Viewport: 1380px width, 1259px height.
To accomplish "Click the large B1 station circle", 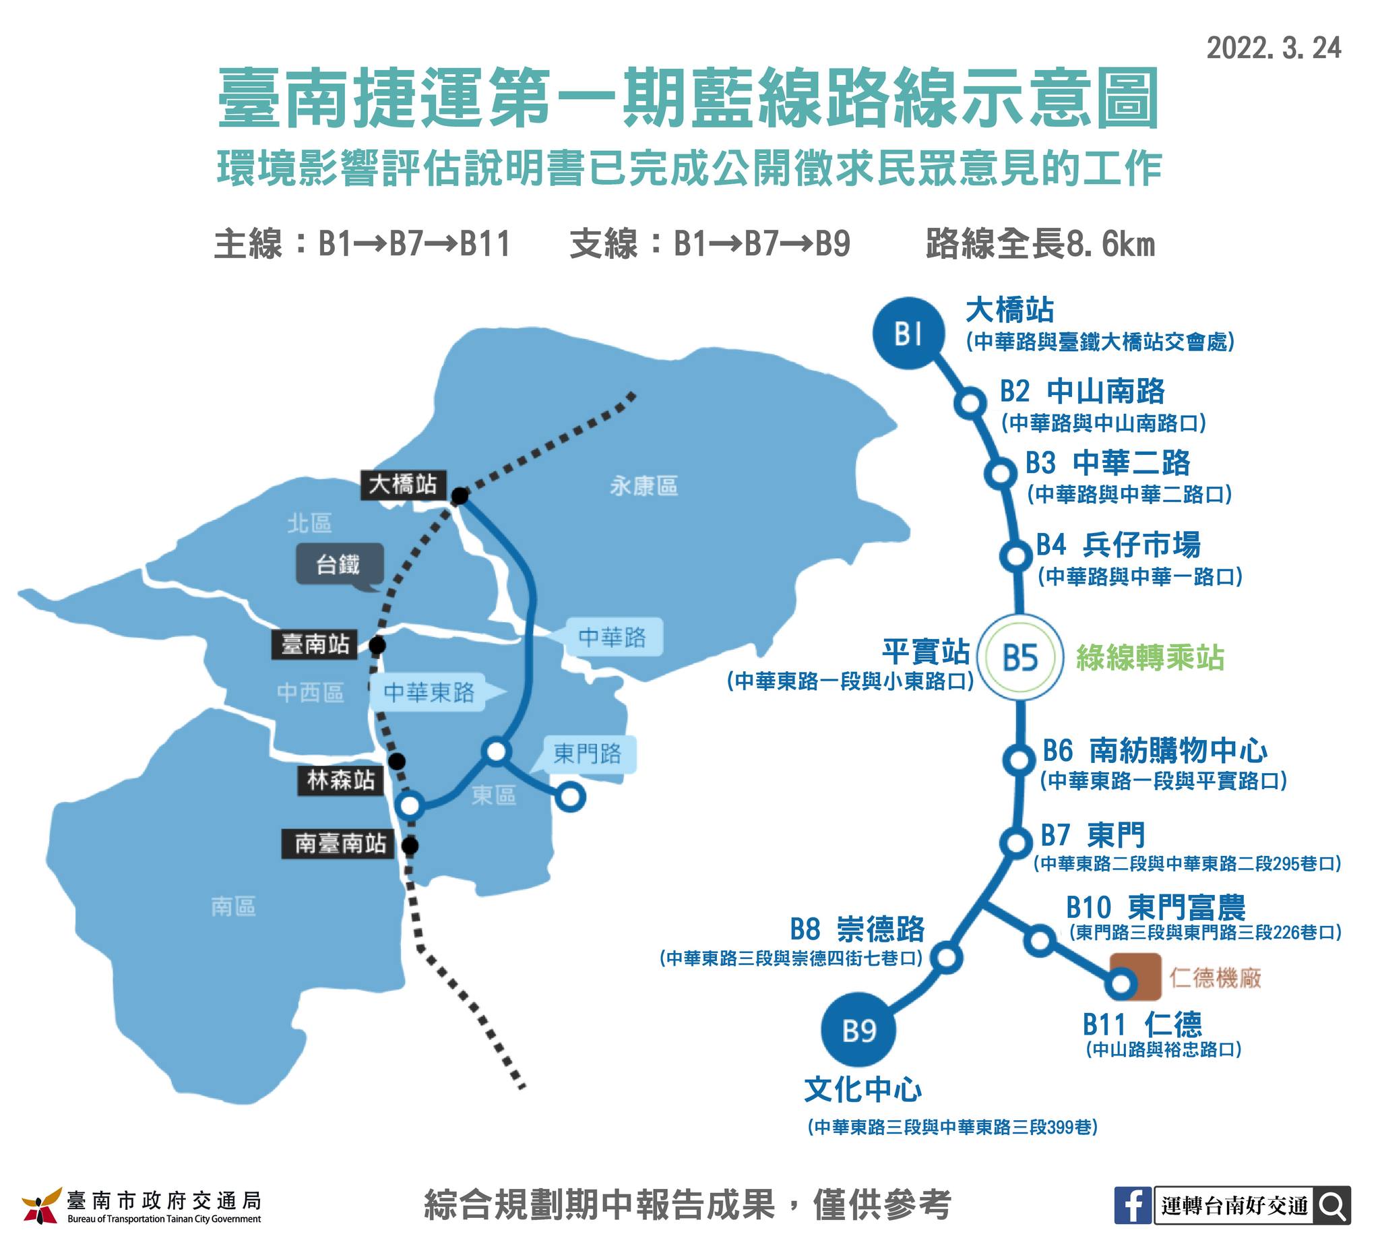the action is point(908,334).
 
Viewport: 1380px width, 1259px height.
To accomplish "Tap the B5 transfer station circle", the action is point(1020,657).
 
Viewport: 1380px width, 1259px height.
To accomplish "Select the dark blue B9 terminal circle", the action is point(858,1031).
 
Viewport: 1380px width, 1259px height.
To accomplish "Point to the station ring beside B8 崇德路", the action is point(946,957).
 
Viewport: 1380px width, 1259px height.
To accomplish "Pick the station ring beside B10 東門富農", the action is point(1040,941).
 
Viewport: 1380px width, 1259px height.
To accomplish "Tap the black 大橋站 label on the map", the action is point(403,485).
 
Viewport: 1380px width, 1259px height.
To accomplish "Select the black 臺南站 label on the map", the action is point(315,644).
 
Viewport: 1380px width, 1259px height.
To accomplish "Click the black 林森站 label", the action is point(340,780).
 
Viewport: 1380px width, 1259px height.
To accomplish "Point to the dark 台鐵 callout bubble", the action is point(340,565).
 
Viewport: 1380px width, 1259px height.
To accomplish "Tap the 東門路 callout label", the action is point(587,754).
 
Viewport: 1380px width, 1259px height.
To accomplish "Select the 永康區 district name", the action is point(644,486).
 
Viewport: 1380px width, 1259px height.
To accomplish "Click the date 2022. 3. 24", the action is point(1274,48).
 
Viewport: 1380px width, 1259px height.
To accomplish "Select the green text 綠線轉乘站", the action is point(1150,657).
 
